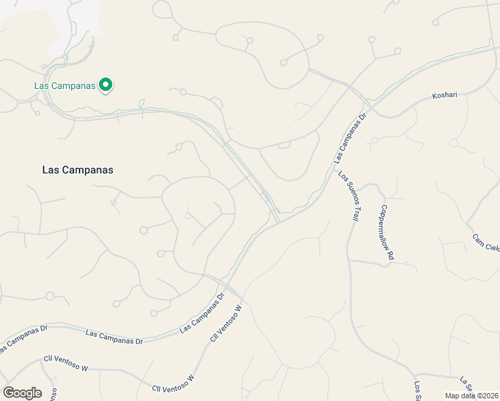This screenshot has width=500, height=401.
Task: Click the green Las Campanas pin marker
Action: coord(105,86)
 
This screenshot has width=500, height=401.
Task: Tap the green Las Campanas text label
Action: coord(65,86)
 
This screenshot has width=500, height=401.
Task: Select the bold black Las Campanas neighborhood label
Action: coord(78,170)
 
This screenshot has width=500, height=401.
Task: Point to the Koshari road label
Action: coord(444,96)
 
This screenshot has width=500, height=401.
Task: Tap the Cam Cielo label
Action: coord(486,243)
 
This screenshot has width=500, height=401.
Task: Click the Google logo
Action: coord(22,393)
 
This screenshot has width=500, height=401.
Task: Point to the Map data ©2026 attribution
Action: coord(472,396)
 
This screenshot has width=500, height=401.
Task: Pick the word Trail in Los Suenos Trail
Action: coord(356,212)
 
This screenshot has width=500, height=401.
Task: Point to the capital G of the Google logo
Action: coord(9,393)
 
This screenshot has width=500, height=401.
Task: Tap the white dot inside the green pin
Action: coord(105,85)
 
